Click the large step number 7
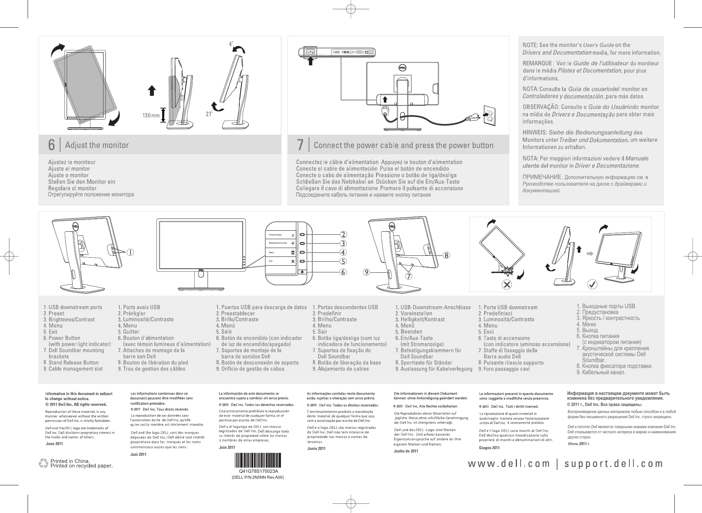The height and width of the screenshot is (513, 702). tap(300, 145)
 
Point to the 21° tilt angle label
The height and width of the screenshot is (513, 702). tap(209, 114)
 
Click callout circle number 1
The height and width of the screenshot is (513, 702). tap(131, 252)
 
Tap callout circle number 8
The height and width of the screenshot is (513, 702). tap(446, 255)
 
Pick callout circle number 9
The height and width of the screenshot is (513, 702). tap(366, 272)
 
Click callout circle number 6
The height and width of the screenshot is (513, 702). tap(343, 272)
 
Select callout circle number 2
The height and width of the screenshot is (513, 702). tap(343, 234)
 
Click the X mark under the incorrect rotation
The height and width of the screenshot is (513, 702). tap(507, 284)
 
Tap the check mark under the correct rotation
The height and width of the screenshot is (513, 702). tap(592, 285)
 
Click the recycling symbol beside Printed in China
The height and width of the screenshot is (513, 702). tap(44, 464)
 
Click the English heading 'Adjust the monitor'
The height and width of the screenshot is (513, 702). tap(97, 145)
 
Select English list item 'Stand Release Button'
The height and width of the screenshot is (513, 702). tap(73, 362)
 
